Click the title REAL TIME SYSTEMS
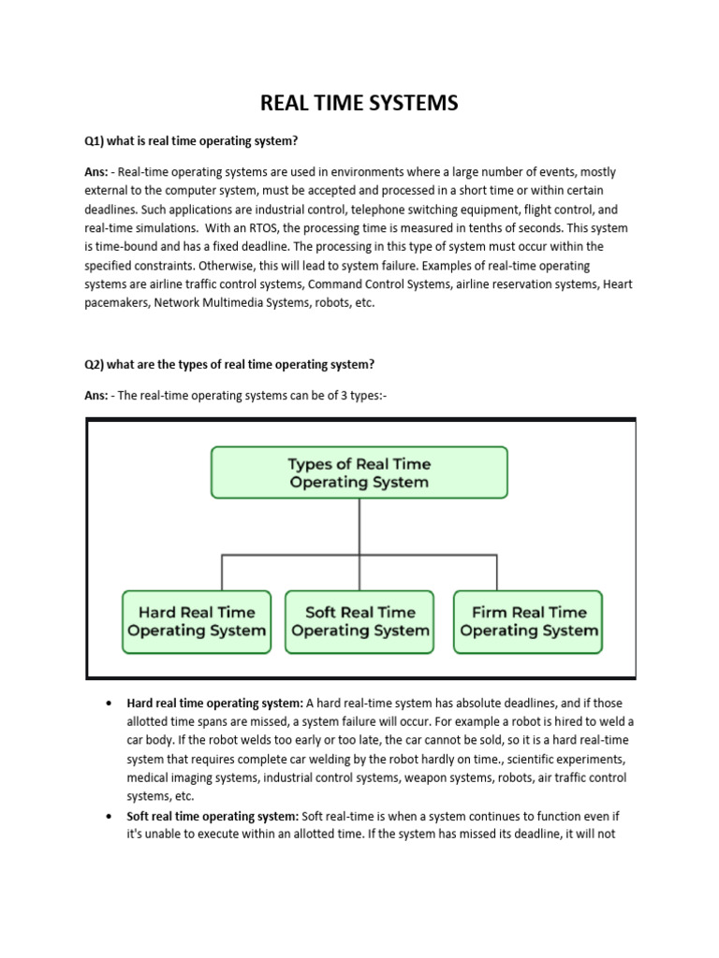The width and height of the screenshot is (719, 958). click(359, 103)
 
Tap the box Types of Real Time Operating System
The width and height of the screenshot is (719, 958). click(359, 472)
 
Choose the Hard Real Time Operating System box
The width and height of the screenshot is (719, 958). click(197, 621)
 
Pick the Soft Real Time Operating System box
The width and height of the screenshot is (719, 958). click(359, 621)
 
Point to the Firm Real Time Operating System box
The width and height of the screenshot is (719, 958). click(529, 621)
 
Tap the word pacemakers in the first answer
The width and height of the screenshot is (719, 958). click(117, 303)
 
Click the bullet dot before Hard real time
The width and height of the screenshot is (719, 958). click(110, 703)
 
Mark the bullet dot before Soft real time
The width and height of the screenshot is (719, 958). click(110, 816)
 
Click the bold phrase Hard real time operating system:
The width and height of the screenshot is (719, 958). click(214, 703)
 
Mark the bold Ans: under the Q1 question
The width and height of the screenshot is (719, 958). click(97, 172)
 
